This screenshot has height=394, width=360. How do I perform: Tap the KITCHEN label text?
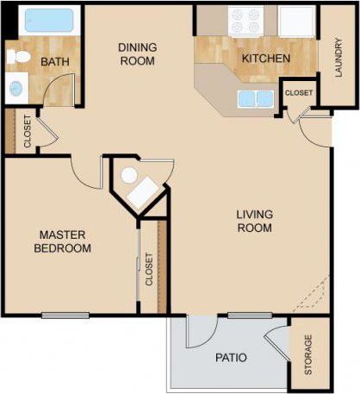266,59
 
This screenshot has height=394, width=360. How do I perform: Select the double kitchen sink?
256,98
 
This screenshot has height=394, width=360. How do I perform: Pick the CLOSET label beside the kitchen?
298,92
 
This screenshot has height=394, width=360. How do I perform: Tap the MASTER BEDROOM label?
63,241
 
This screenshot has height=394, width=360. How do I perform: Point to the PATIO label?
231,356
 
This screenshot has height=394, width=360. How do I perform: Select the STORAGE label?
309,355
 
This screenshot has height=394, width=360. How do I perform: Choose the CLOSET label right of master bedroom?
149,269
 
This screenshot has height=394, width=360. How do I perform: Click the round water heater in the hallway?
128,176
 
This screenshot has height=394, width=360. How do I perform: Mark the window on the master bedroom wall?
65,315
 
